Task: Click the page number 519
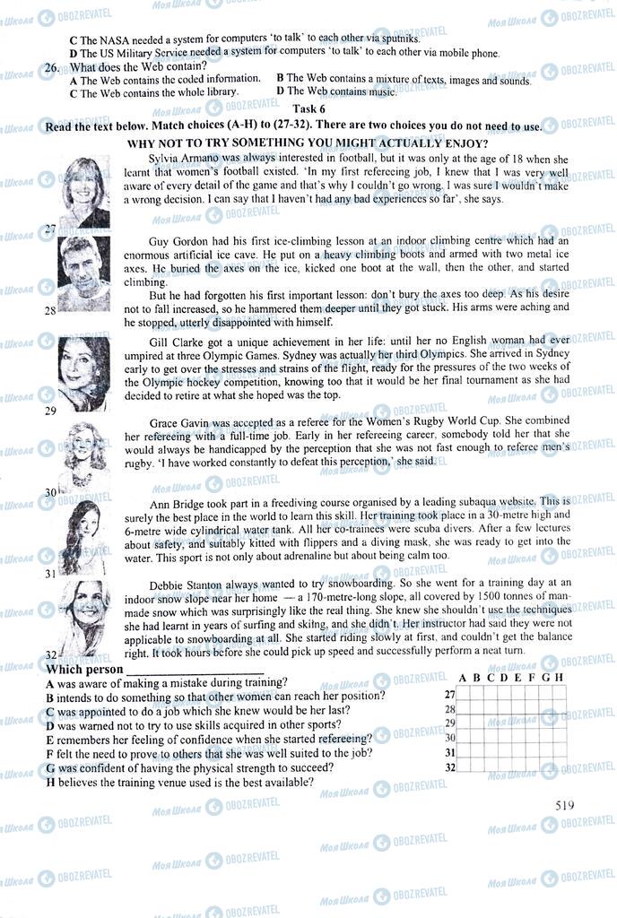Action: click(564, 804)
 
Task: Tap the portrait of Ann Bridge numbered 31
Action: click(83, 535)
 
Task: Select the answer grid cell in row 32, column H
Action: click(560, 766)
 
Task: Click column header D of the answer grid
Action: click(504, 678)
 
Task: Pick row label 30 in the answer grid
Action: click(450, 738)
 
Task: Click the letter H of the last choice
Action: click(50, 783)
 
